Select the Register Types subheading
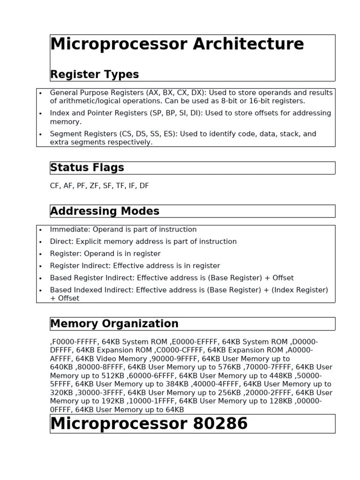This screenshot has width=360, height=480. [x=94, y=75]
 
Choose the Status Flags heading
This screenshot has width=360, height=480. [x=87, y=168]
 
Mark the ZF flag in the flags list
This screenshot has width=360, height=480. [x=95, y=186]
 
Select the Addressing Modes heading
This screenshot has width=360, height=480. [x=105, y=211]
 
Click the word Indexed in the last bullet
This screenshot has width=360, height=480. [x=91, y=290]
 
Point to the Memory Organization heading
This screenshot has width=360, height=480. [x=114, y=323]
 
